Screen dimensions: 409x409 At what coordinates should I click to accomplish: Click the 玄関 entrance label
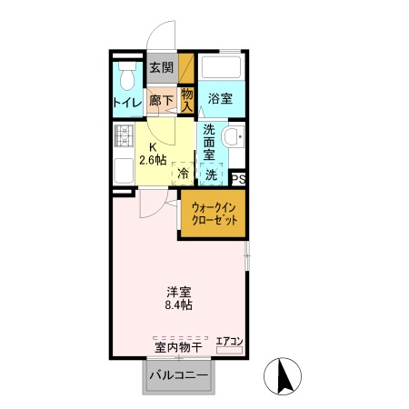[161, 67]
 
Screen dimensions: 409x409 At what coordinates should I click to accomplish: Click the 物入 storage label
[186, 99]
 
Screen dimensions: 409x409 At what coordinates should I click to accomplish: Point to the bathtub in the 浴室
[222, 68]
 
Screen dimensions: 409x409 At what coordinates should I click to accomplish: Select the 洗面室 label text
[211, 143]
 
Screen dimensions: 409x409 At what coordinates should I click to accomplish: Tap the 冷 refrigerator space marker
[183, 174]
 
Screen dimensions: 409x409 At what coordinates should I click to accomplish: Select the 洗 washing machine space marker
[210, 174]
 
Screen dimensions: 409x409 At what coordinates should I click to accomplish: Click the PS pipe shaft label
[238, 180]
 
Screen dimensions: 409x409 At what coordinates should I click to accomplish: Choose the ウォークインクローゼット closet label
[214, 214]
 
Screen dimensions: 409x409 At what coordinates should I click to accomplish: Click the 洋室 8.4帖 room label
[178, 298]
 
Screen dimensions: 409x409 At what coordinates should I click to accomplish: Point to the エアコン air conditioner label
[230, 342]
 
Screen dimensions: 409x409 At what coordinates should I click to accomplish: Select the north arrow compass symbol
[282, 375]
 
